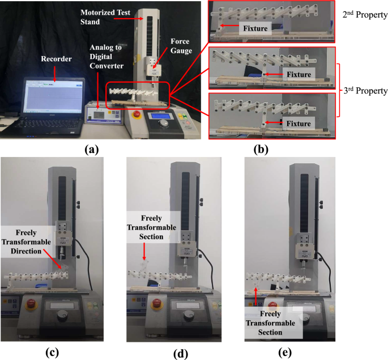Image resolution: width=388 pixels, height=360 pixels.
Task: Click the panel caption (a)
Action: [91, 150]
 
